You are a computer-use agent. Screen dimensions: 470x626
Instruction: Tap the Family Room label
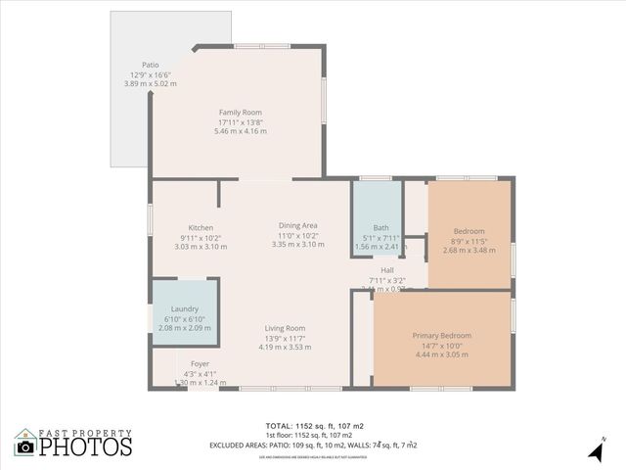pos(240,113)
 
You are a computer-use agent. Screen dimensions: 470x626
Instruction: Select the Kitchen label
pos(201,228)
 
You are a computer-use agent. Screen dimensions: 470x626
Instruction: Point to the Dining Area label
pos(297,225)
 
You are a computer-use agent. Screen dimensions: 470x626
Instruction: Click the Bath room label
pos(380,227)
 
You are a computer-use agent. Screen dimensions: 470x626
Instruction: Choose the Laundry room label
pos(185,309)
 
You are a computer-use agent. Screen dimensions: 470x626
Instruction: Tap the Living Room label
pos(285,328)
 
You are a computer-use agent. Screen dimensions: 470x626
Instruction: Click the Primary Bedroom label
pos(441,336)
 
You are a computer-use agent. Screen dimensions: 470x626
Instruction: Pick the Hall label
pos(387,270)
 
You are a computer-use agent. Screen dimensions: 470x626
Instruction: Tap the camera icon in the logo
pos(25,446)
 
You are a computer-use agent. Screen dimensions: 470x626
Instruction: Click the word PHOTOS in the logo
pos(86,446)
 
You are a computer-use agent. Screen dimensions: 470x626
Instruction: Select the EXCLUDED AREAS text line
pos(313,446)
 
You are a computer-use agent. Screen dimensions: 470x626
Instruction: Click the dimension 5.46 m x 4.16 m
pos(240,131)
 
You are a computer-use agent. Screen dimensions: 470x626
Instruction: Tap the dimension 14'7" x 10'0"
pos(441,346)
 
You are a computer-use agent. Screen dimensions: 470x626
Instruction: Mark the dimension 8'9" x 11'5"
pos(469,240)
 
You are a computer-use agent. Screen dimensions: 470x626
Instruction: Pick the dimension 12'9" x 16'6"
pos(150,75)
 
